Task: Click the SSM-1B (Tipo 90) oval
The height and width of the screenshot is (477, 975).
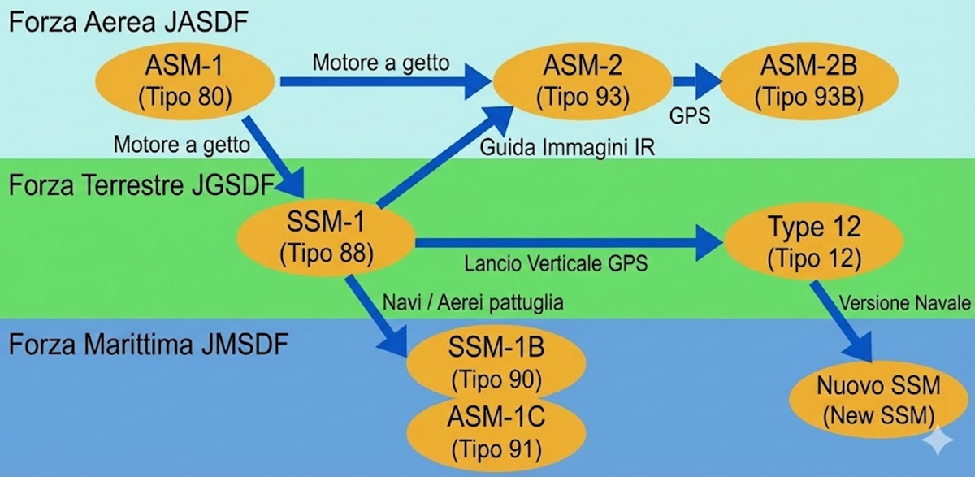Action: pos(496,362)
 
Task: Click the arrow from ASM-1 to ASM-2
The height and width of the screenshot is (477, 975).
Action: pos(382,81)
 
